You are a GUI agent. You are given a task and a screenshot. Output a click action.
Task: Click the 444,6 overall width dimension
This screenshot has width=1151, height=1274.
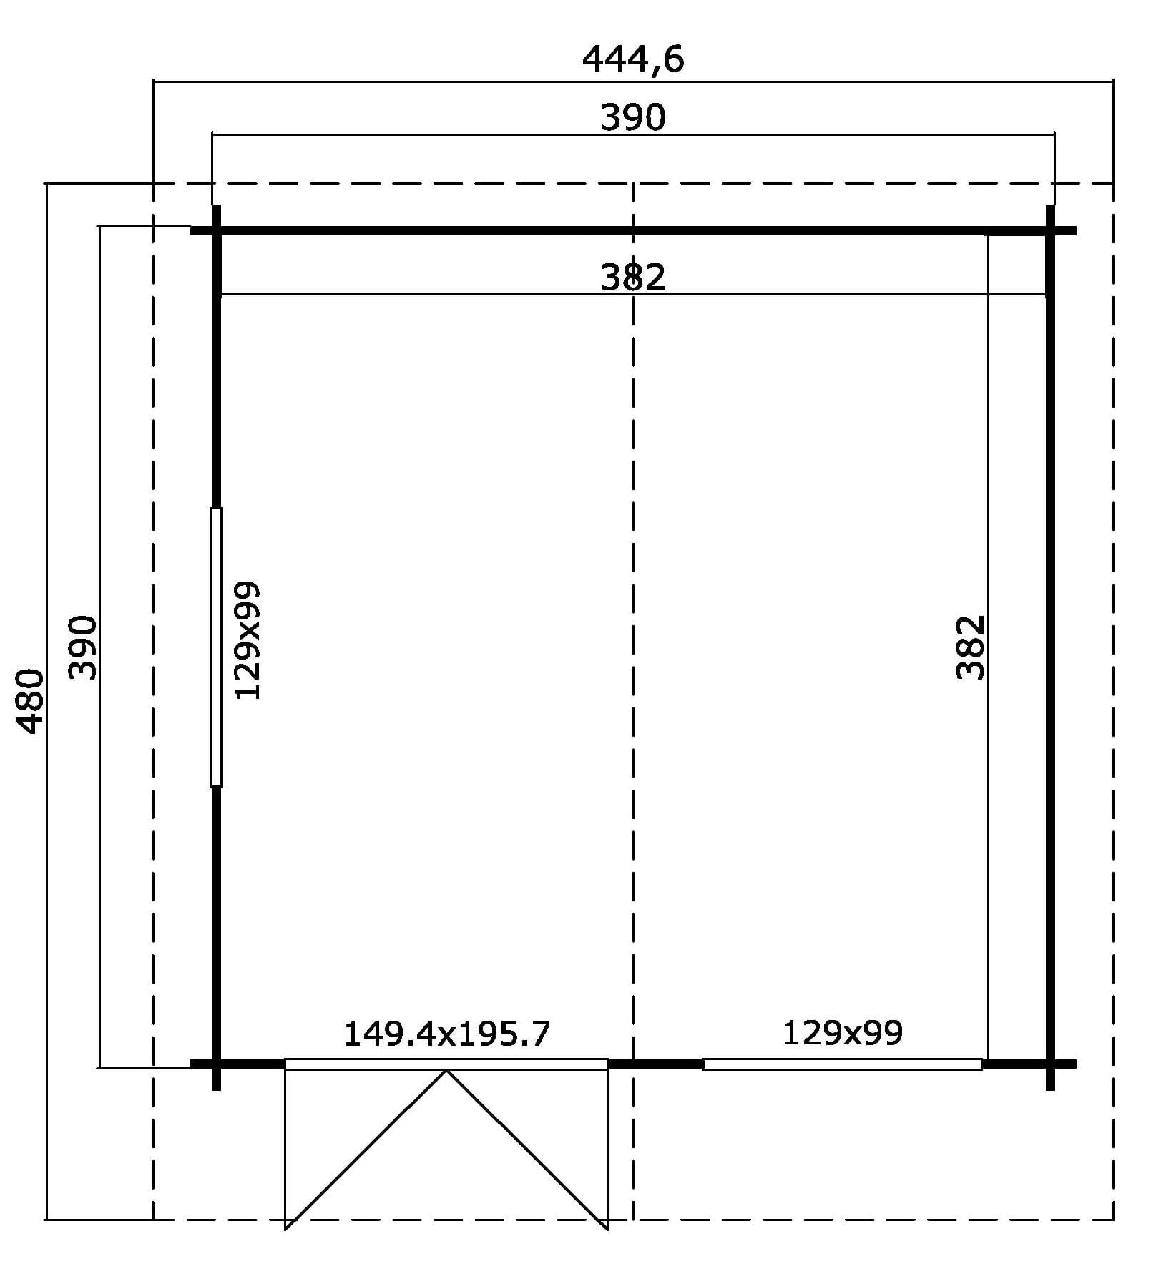point(633,59)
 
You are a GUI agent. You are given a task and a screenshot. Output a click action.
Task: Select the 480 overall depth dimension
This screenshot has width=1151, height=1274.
point(31,701)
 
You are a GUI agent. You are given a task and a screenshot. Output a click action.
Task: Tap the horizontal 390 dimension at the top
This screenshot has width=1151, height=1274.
point(633,117)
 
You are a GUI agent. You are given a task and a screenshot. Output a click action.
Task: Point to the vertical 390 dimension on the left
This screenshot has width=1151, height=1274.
point(83,647)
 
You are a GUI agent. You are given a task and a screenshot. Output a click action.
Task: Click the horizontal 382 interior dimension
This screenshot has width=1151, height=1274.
point(633,277)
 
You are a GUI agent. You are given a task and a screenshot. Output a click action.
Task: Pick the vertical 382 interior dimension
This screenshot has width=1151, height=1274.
point(971,647)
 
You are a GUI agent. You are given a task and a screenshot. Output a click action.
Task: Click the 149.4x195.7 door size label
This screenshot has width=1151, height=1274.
point(447,1034)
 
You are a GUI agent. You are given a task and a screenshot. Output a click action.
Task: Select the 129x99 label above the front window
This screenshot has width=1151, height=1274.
point(843,1033)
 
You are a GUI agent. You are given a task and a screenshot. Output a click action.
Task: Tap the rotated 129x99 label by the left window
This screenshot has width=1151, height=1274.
point(248,640)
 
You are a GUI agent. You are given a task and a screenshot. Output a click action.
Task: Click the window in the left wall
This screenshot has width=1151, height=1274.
point(216,647)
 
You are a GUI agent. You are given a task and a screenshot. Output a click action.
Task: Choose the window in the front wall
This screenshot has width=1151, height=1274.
point(842,1064)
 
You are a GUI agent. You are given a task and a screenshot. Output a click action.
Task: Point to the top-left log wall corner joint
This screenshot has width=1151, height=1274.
point(216,230)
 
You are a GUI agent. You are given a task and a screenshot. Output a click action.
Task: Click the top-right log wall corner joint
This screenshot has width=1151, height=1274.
point(1050,230)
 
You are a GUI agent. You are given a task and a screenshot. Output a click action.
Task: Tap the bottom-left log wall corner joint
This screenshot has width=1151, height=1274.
point(216,1064)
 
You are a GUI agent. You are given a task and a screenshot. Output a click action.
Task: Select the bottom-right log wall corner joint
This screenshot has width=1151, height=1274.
point(1050,1064)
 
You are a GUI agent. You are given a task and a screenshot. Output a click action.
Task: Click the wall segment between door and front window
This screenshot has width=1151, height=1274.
point(655,1064)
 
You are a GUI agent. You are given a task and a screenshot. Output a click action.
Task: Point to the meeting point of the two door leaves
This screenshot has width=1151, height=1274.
point(447,1071)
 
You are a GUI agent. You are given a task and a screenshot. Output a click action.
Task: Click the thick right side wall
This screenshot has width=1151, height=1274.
point(1050,647)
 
